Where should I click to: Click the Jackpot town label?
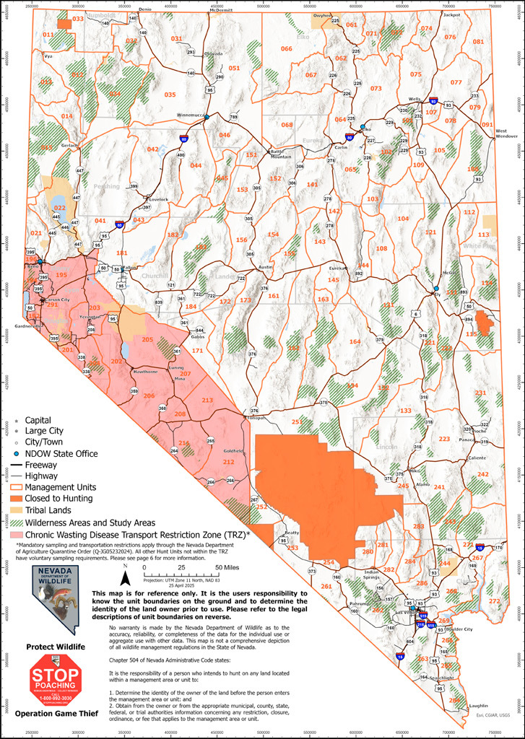pyautogui.click(x=451, y=14)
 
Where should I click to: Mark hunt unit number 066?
pyautogui.click(x=286, y=48)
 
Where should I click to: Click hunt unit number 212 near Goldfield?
pyautogui.click(x=228, y=462)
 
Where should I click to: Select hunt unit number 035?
pyautogui.click(x=170, y=95)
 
